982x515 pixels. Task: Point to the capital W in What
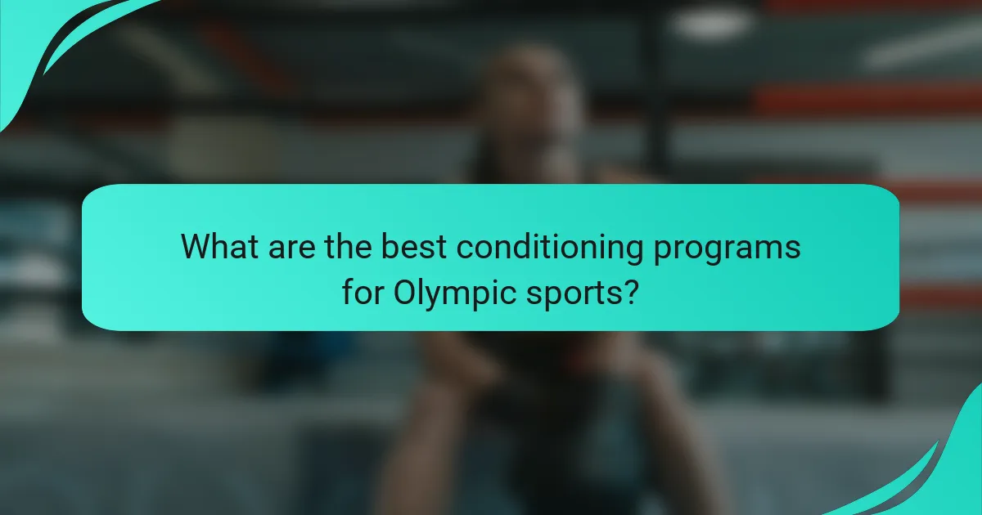point(196,246)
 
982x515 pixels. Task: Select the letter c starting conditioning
point(463,249)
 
